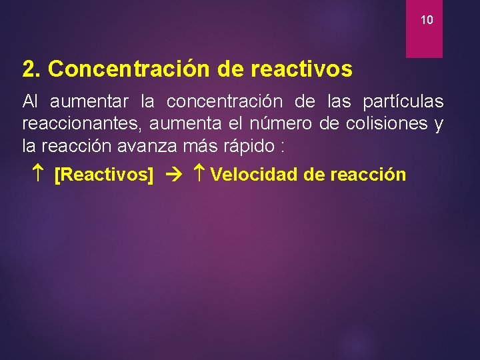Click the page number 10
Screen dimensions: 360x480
click(427, 21)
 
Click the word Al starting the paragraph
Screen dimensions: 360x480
click(31, 102)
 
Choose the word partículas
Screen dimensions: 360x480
click(403, 102)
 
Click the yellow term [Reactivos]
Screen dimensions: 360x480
click(103, 175)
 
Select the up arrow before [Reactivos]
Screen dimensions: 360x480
click(37, 175)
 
